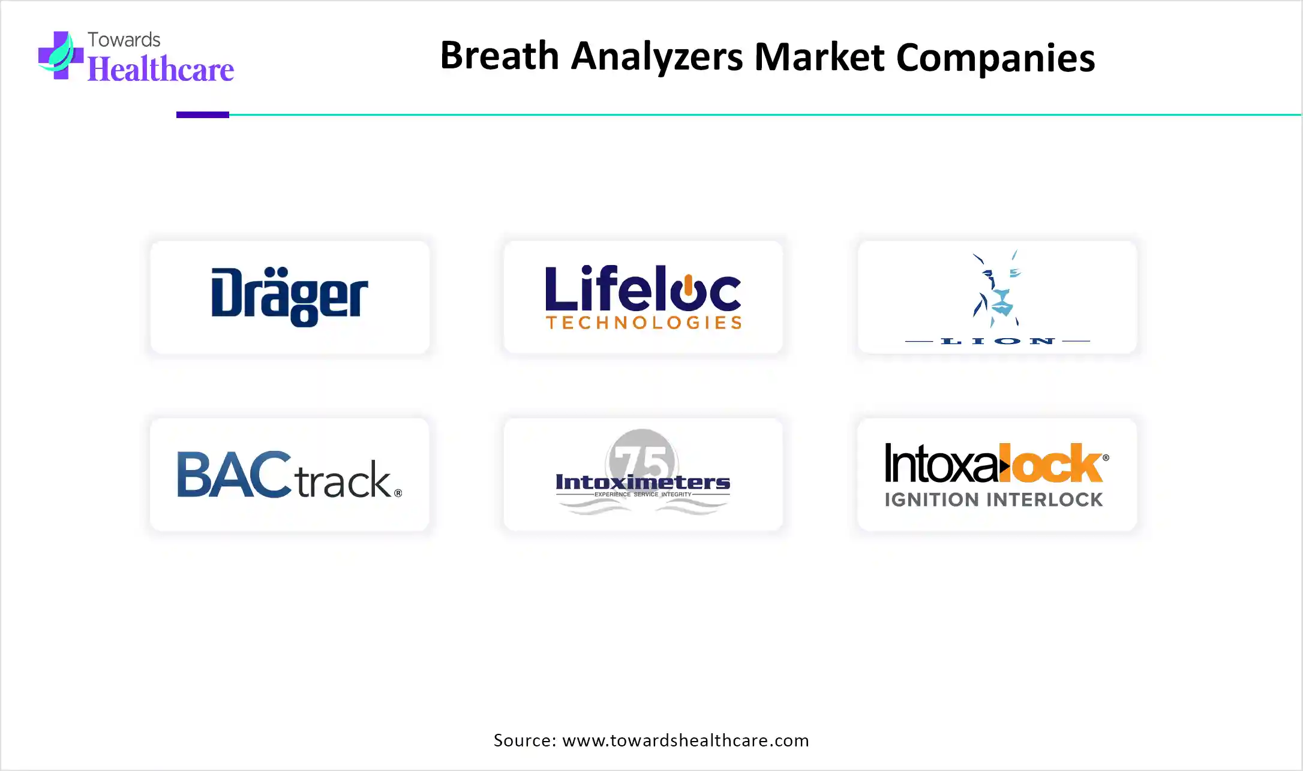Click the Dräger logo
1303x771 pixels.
tap(290, 297)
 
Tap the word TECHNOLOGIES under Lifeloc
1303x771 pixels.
tap(644, 323)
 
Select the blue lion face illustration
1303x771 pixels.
tap(996, 288)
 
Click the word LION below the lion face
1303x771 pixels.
tap(998, 341)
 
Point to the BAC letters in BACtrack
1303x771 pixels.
tap(234, 474)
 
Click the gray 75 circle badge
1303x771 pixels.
tap(642, 462)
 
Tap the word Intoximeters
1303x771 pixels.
tap(643, 482)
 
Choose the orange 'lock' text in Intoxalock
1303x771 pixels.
tap(1056, 463)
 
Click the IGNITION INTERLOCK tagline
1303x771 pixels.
tap(993, 499)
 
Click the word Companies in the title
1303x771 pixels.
tap(995, 58)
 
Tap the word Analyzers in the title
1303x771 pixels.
tap(657, 58)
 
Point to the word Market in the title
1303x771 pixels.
tap(819, 57)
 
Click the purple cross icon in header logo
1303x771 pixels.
tap(61, 55)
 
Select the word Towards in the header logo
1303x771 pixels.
tap(124, 40)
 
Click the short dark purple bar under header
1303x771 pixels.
tap(203, 115)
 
